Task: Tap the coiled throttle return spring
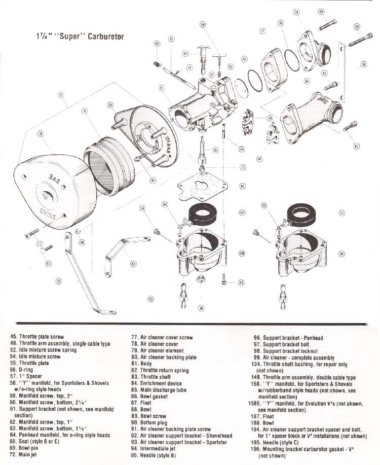pos(158,63)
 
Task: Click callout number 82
pos(157,44)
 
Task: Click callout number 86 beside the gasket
pos(242,186)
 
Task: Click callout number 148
pos(270,118)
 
